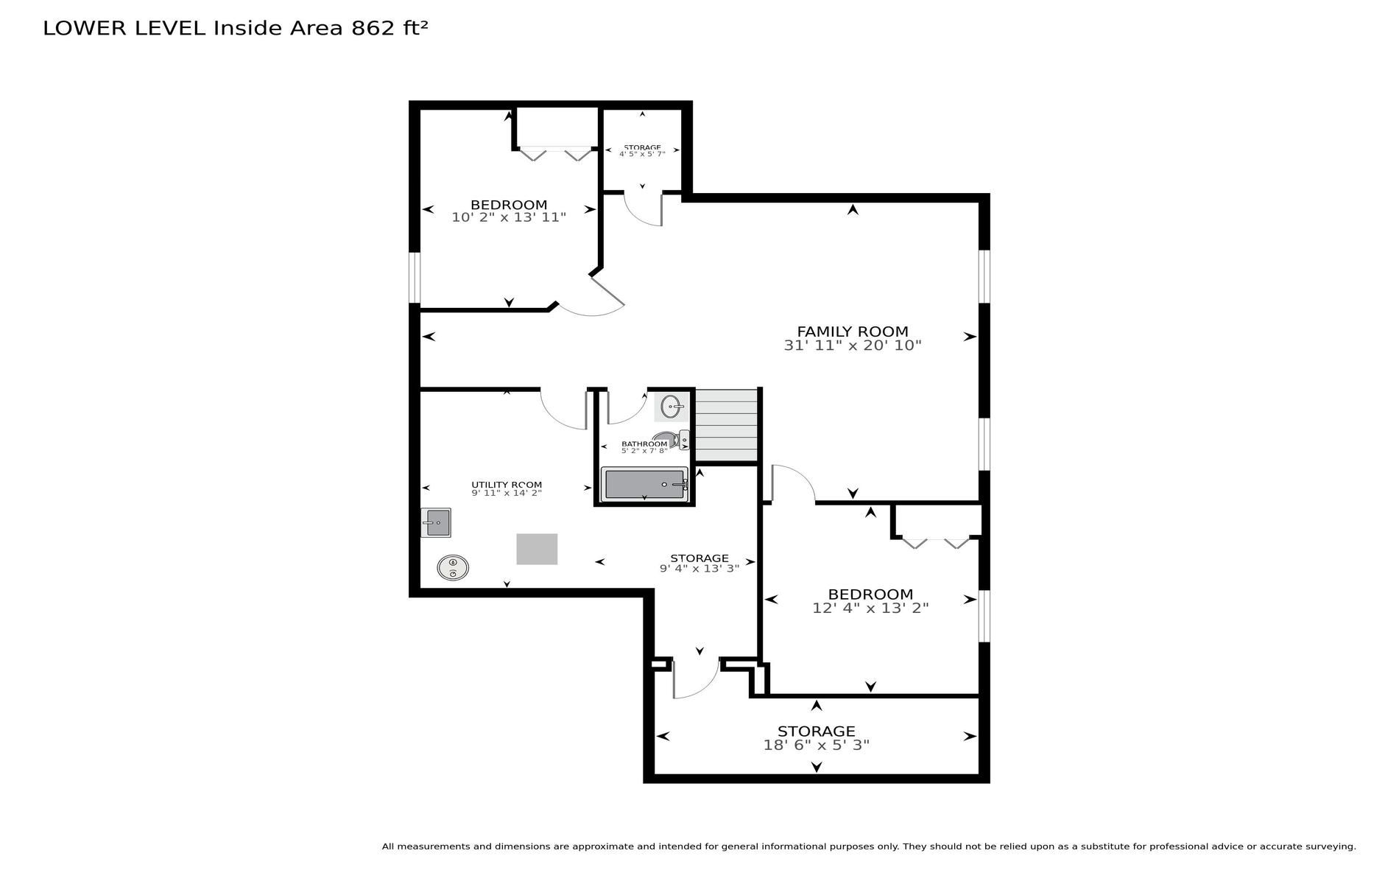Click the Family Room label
click(853, 331)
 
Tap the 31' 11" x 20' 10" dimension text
click(853, 345)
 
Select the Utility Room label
click(507, 485)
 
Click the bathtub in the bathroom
click(644, 484)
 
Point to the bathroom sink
click(671, 407)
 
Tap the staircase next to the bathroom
click(726, 426)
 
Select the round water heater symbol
click(453, 567)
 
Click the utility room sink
click(436, 522)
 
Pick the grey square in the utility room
click(537, 549)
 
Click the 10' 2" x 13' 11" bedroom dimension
click(509, 217)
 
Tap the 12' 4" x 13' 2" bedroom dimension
click(870, 608)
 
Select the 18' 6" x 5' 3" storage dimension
click(817, 745)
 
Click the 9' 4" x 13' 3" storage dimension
click(699, 568)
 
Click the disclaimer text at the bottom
click(869, 847)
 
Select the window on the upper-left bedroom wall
click(415, 278)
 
